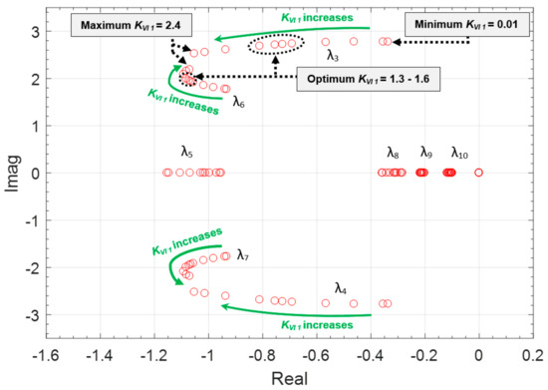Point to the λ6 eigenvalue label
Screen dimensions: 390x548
coord(240,100)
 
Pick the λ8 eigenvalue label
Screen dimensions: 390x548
coord(393,153)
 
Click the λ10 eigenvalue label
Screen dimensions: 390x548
coord(459,153)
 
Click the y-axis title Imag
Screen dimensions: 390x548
coord(11,172)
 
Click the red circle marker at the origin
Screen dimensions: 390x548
coord(479,173)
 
